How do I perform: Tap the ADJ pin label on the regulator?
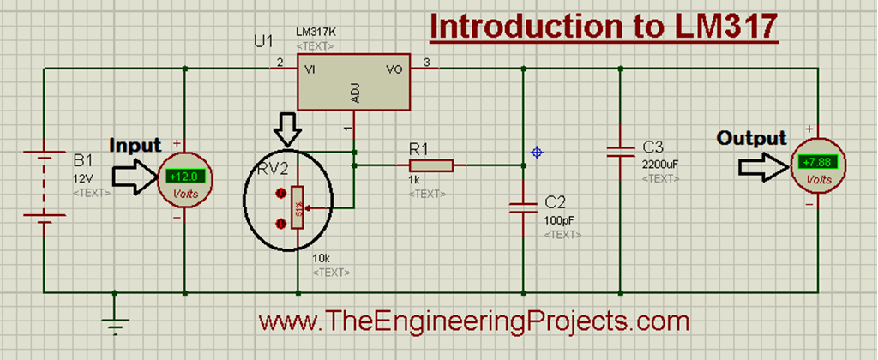[353, 95]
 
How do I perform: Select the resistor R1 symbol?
[430, 163]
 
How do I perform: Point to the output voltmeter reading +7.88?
[818, 162]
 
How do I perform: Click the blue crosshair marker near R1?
[537, 153]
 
